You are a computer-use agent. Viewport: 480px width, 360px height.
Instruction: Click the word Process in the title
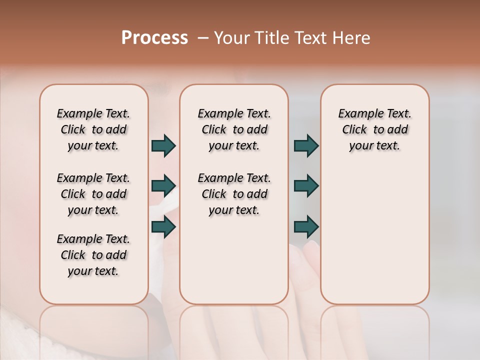click(154, 38)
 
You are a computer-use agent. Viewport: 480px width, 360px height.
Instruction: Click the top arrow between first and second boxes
click(163, 146)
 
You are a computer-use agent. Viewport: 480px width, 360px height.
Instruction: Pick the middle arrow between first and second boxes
click(163, 186)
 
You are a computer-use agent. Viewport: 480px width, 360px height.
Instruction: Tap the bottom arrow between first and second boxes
click(163, 227)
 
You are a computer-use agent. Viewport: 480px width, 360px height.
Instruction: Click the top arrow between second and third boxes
click(306, 146)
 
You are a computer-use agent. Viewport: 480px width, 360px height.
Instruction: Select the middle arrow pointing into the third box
click(306, 186)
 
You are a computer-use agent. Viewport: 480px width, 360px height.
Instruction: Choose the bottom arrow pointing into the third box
click(306, 227)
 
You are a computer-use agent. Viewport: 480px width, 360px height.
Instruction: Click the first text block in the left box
click(93, 129)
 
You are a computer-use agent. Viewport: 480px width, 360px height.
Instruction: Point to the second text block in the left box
click(93, 194)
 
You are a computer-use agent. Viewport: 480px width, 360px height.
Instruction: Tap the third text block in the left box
click(93, 255)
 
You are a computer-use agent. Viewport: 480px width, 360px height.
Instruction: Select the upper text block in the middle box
click(234, 129)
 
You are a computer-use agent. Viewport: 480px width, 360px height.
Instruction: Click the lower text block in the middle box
click(234, 194)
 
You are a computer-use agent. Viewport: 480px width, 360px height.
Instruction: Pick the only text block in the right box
click(375, 129)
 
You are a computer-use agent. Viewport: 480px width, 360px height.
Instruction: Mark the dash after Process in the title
click(202, 38)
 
